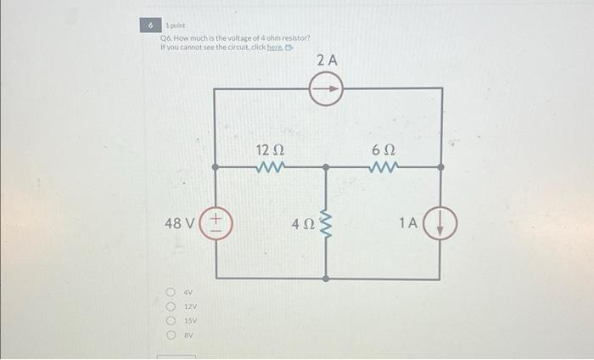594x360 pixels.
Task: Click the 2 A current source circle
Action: [x=326, y=87]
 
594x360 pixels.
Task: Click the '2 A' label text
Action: [x=327, y=61]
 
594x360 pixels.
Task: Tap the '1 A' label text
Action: [x=408, y=223]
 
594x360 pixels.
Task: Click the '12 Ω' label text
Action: [x=271, y=150]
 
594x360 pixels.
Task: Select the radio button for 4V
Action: [x=171, y=294]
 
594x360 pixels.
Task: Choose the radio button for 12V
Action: [x=171, y=307]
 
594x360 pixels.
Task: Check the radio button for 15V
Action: [x=171, y=321]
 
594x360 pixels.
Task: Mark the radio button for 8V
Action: [x=171, y=335]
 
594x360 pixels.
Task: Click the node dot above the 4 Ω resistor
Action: [x=327, y=168]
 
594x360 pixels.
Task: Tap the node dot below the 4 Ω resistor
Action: [x=327, y=278]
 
